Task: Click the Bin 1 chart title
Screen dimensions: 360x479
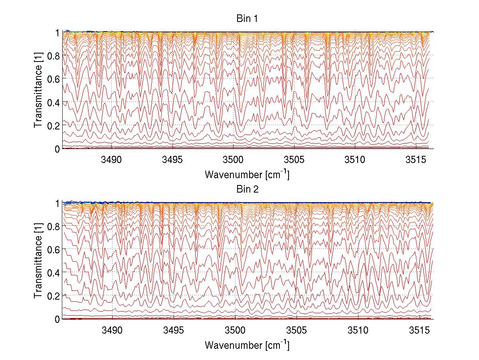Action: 247,19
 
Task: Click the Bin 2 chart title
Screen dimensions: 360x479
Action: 247,189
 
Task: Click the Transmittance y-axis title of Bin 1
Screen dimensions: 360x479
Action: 38,90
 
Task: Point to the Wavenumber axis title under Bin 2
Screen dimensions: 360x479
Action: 247,344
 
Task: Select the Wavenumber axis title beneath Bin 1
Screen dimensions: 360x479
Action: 247,174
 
